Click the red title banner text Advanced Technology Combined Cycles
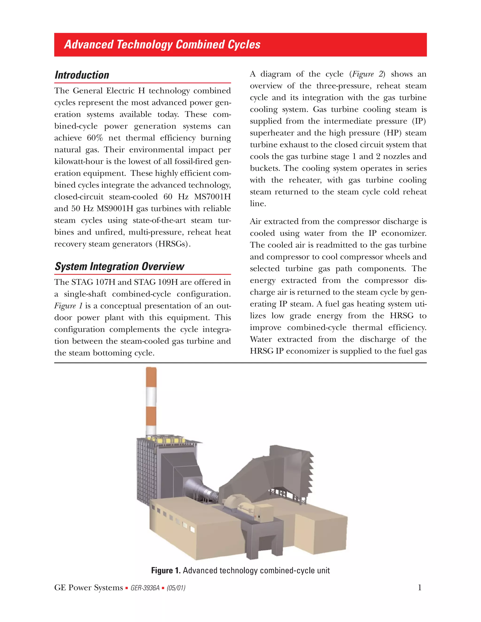coord(162,45)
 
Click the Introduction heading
coord(82,75)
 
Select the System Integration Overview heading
coord(119,267)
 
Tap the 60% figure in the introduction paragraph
coord(95,138)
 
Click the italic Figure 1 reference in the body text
coord(68,306)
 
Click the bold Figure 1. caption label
coord(166,570)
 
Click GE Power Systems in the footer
coord(88,588)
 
